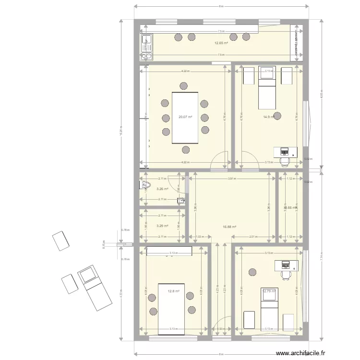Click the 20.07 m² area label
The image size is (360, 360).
(185, 117)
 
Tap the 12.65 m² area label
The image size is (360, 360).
(221, 43)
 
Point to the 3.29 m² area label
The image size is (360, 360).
(162, 226)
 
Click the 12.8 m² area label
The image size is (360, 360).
(173, 291)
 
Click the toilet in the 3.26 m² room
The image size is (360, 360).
(145, 185)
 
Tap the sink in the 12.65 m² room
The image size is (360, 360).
(146, 43)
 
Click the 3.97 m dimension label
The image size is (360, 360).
(233, 179)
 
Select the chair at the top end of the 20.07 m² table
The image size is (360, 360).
(184, 86)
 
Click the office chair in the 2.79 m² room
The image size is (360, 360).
(287, 275)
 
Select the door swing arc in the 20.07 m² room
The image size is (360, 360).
(221, 159)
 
